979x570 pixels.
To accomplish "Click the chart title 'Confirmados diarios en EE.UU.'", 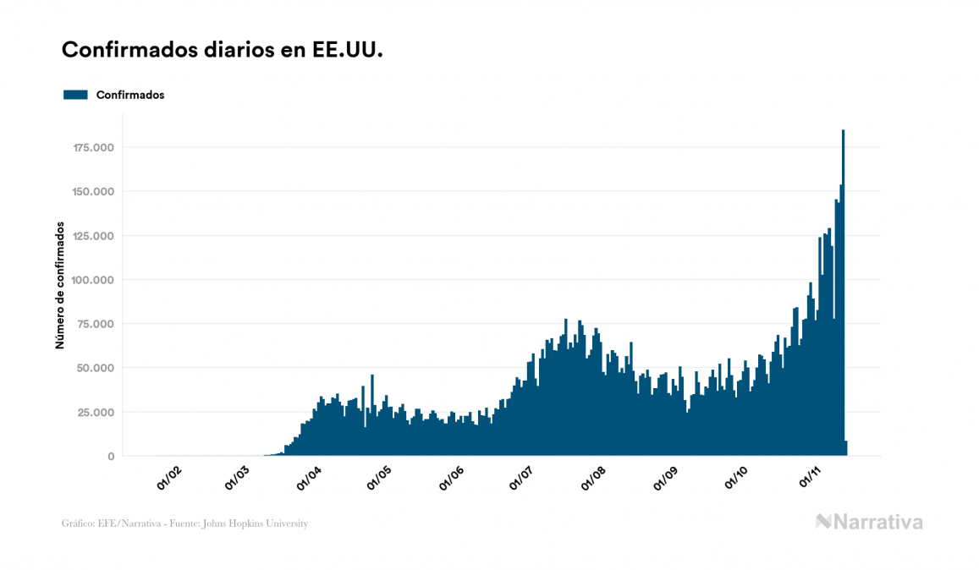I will (223, 50).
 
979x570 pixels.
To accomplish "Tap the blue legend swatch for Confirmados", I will (75, 95).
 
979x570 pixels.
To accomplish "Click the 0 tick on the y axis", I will (111, 457).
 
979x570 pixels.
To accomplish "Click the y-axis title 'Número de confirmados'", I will (60, 286).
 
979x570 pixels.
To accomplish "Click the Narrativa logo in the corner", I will (869, 522).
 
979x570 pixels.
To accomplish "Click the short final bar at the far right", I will (846, 448).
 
